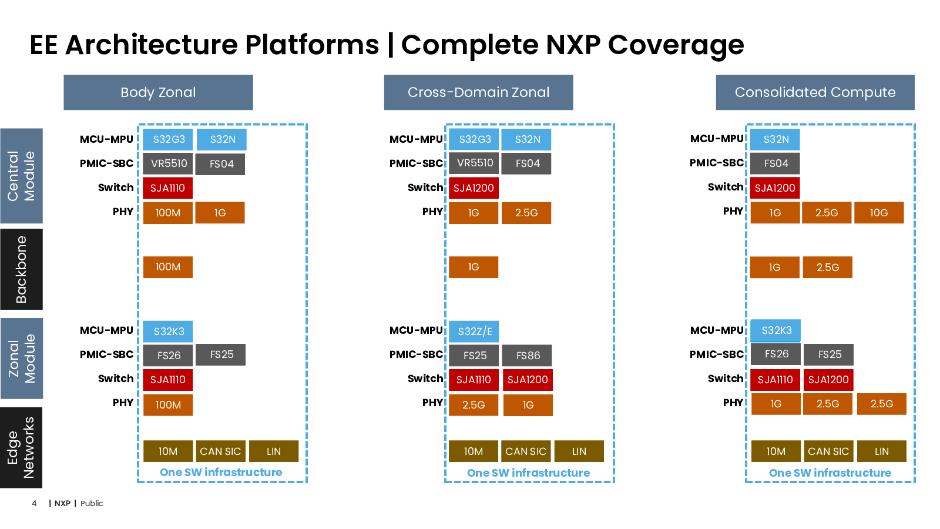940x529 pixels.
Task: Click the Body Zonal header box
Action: tap(158, 92)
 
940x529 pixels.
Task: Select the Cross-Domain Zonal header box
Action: tap(478, 92)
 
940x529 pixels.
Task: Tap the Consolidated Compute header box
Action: tap(815, 92)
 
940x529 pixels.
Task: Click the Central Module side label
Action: tap(21, 176)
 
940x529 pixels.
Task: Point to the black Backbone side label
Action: tap(21, 269)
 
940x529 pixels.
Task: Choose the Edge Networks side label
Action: tap(21, 447)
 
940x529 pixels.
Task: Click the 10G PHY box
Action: tap(879, 212)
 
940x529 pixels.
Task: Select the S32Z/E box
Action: tap(474, 332)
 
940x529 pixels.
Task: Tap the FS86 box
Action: tap(527, 355)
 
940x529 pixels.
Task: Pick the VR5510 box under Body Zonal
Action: tap(168, 163)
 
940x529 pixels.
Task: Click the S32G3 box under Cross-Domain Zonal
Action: tap(474, 139)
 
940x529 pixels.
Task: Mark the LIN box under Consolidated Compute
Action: tap(882, 451)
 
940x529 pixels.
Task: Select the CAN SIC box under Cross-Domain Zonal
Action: tap(526, 451)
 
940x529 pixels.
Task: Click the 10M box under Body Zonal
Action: tap(168, 451)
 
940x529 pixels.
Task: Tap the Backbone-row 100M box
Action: tap(168, 267)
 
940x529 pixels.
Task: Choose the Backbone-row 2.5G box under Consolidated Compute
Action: tap(828, 267)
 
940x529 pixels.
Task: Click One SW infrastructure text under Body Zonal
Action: tap(221, 473)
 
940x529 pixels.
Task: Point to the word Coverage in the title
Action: tap(676, 45)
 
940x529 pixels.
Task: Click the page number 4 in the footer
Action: tap(34, 503)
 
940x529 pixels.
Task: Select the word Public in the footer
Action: tap(92, 503)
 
